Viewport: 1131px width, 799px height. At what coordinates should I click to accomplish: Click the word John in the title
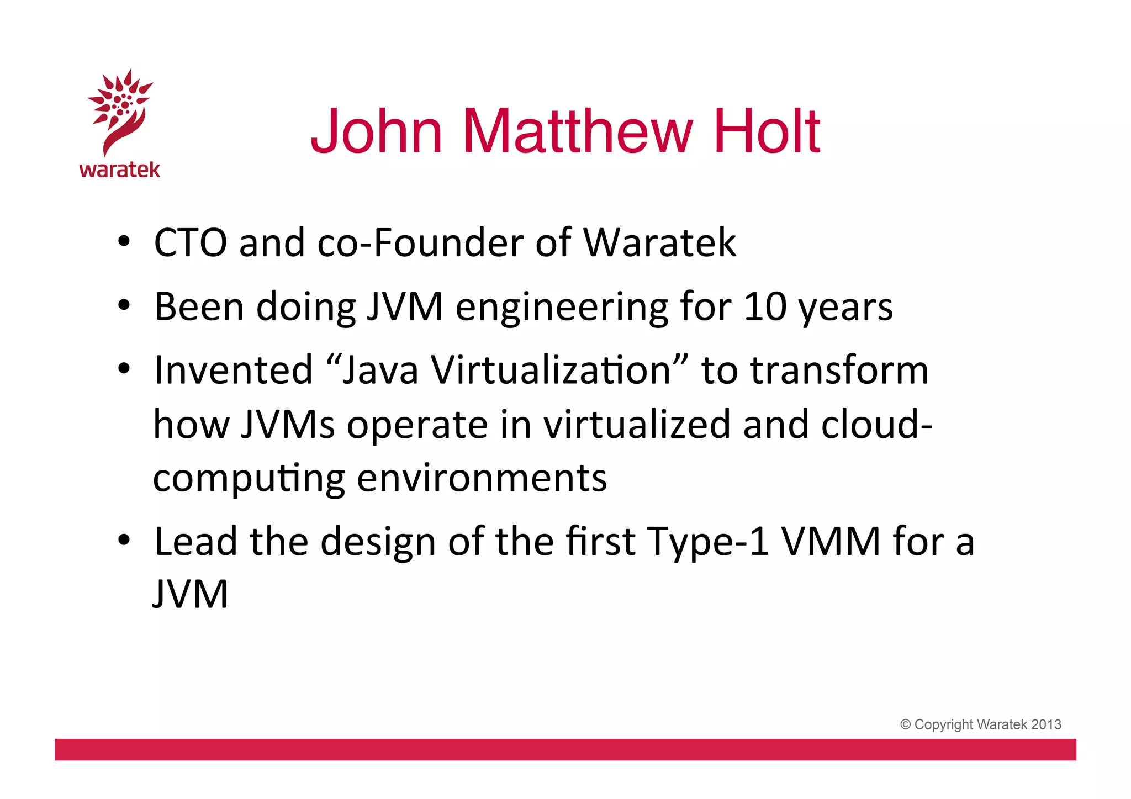coord(377,131)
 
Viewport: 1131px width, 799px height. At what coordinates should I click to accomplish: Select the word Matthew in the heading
coord(577,131)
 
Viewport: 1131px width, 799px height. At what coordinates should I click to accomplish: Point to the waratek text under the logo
coord(120,170)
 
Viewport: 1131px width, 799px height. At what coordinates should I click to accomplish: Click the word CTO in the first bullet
coord(190,242)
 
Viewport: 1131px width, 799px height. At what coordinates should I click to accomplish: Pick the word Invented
coord(233,369)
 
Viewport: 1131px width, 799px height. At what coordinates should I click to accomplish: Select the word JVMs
coord(287,424)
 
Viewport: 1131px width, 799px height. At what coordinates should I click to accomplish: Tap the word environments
coord(482,478)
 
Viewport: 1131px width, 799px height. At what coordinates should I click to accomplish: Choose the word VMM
coord(831,541)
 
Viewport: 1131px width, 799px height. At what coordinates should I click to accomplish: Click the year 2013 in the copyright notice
coord(1046,724)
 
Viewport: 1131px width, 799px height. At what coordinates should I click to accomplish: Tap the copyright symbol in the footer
coord(905,724)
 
